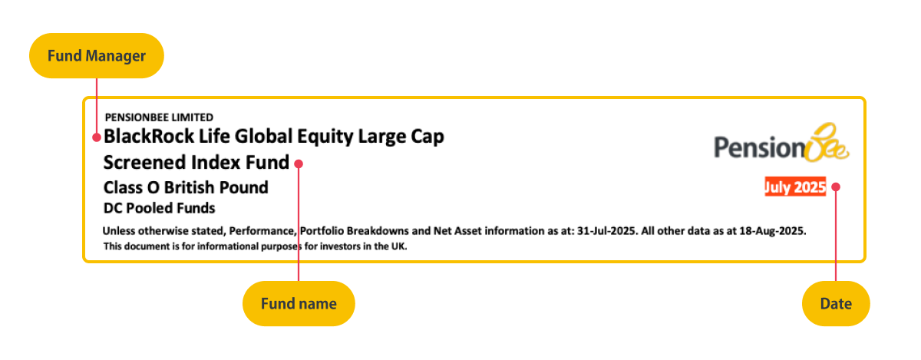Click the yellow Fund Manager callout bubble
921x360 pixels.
point(96,55)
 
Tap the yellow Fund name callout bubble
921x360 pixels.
point(299,303)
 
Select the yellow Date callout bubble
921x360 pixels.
point(836,303)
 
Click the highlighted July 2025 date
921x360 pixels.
point(794,187)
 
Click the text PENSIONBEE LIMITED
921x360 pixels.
point(159,117)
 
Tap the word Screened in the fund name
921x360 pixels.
point(145,163)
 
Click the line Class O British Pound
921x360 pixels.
point(186,187)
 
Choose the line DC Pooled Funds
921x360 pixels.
point(159,208)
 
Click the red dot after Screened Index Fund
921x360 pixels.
point(299,163)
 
